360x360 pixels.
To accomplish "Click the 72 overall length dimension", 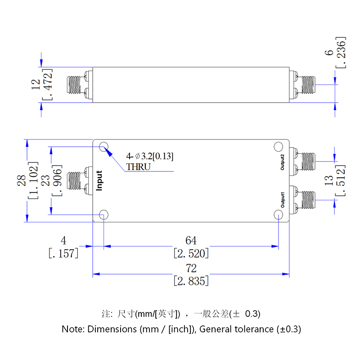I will pos(191,269).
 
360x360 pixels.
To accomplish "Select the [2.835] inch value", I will pos(191,281).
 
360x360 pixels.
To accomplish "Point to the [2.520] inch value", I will pos(191,253).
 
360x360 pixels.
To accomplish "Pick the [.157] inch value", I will pos(63,253).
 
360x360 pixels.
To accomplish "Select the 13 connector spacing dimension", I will pos(329,181).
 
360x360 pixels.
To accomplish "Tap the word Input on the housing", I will pos(99,180).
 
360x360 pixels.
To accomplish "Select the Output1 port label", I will pos(283,199).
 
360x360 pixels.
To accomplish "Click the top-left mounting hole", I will pos(104,147).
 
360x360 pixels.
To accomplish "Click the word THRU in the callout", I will pos(139,166).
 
